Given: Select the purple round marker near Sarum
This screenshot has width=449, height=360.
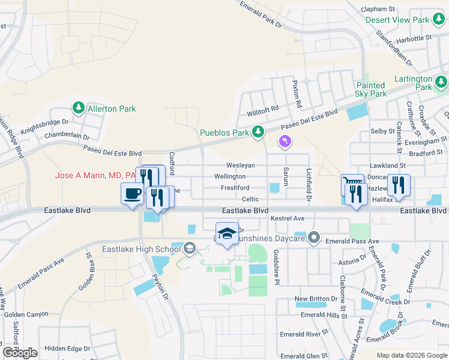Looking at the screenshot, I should (x=284, y=141).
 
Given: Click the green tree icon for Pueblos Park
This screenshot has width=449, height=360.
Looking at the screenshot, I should (x=258, y=131).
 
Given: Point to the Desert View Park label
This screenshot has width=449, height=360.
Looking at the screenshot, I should (x=397, y=20).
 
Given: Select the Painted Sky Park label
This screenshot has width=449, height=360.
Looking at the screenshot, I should (x=371, y=89).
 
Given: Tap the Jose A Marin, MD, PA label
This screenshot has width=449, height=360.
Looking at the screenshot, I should (x=95, y=176).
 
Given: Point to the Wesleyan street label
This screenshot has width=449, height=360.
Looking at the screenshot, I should (x=241, y=165).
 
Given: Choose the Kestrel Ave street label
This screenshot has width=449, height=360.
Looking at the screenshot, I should (x=288, y=218).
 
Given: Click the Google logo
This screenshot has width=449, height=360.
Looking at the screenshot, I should (x=20, y=352).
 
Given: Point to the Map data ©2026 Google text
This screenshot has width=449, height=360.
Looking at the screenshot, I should (x=411, y=355).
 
